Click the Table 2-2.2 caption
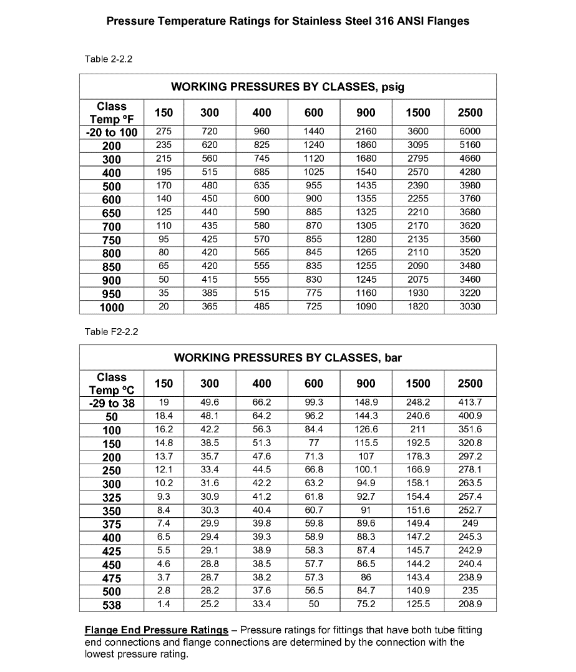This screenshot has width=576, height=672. coord(109,60)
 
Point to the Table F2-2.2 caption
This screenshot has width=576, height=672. coord(111,331)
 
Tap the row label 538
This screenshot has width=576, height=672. coord(112,605)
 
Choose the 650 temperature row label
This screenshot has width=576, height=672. coord(112,213)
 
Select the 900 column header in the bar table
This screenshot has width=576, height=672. coord(366,383)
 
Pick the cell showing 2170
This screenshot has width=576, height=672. coord(417,226)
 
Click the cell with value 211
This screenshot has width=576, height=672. coord(417,430)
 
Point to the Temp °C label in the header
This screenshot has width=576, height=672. coord(112,390)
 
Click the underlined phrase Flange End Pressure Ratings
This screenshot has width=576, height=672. coord(156,630)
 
